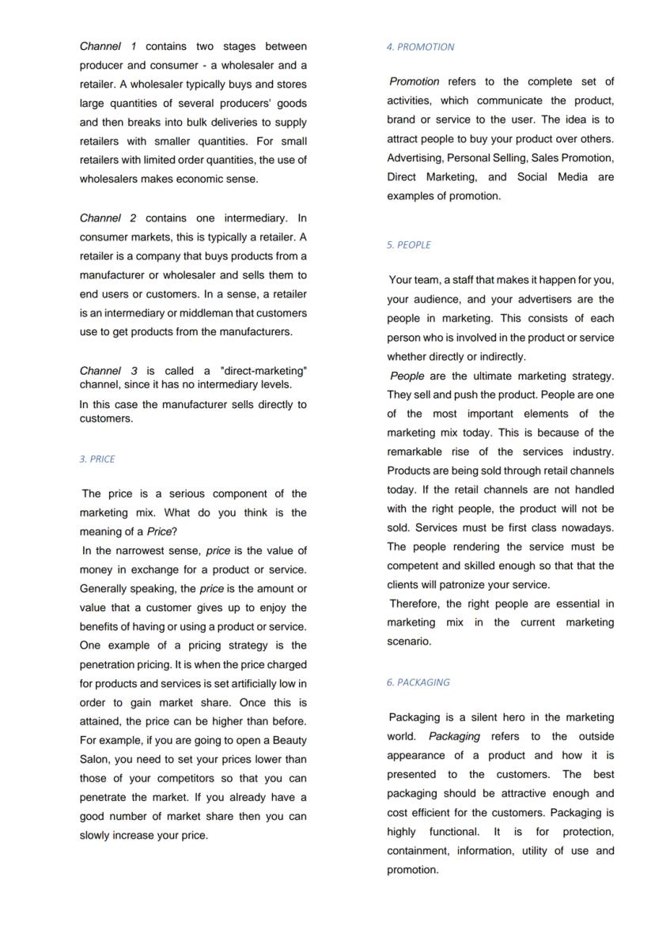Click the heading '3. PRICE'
[x=97, y=459]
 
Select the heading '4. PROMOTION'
[x=420, y=47]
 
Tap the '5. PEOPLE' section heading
[x=409, y=245]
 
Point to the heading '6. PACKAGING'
[x=418, y=682]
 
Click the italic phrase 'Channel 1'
[x=108, y=47]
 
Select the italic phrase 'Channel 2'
[x=108, y=217]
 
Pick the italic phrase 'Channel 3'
[x=108, y=371]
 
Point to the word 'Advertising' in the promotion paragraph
[x=415, y=158]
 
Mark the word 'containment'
[x=419, y=851]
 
